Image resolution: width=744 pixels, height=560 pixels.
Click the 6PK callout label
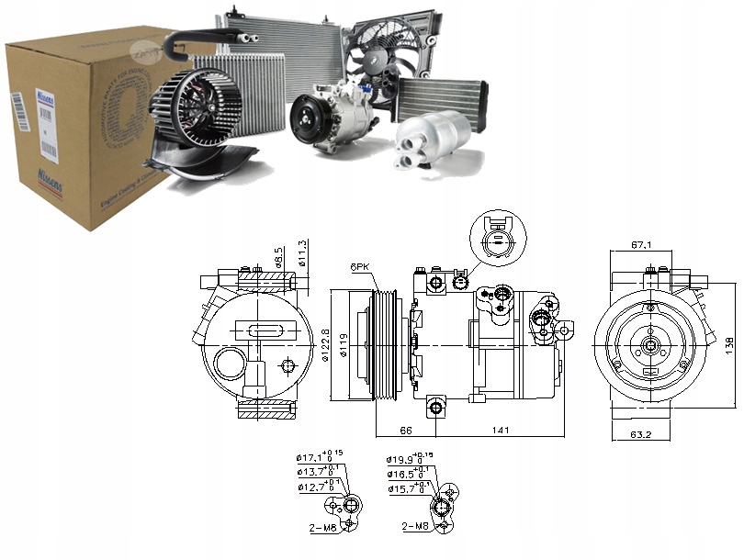(360, 267)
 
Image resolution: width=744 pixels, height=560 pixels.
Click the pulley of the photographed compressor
(309, 119)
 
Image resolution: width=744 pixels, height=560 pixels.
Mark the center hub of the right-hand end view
(650, 346)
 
